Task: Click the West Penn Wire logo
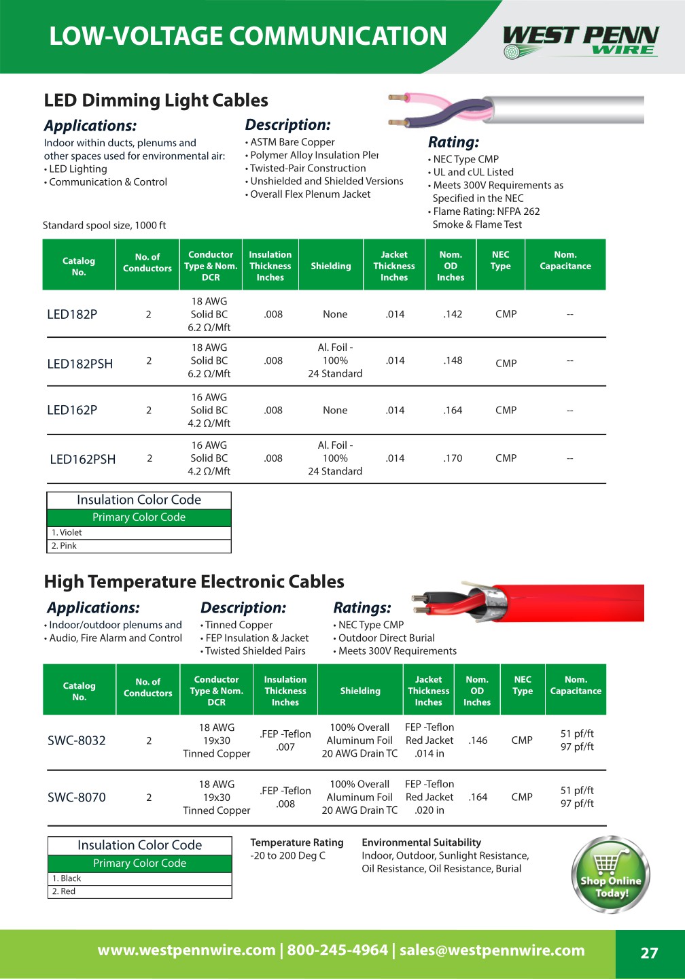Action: click(581, 41)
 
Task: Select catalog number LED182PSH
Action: click(80, 364)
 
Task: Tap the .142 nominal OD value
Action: click(453, 314)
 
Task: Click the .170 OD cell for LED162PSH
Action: click(453, 458)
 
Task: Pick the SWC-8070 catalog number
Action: click(77, 797)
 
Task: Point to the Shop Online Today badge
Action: click(611, 875)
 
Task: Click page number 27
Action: click(649, 953)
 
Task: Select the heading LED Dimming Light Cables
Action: click(156, 101)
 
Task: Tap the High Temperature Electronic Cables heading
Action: click(194, 582)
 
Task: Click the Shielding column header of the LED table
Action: click(331, 266)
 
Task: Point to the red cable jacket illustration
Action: click(571, 602)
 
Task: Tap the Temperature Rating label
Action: click(297, 842)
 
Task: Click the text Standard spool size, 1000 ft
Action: click(104, 225)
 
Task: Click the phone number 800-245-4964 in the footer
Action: click(337, 950)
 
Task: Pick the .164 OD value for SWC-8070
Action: click(478, 797)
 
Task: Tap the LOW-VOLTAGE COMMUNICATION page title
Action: click(248, 36)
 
